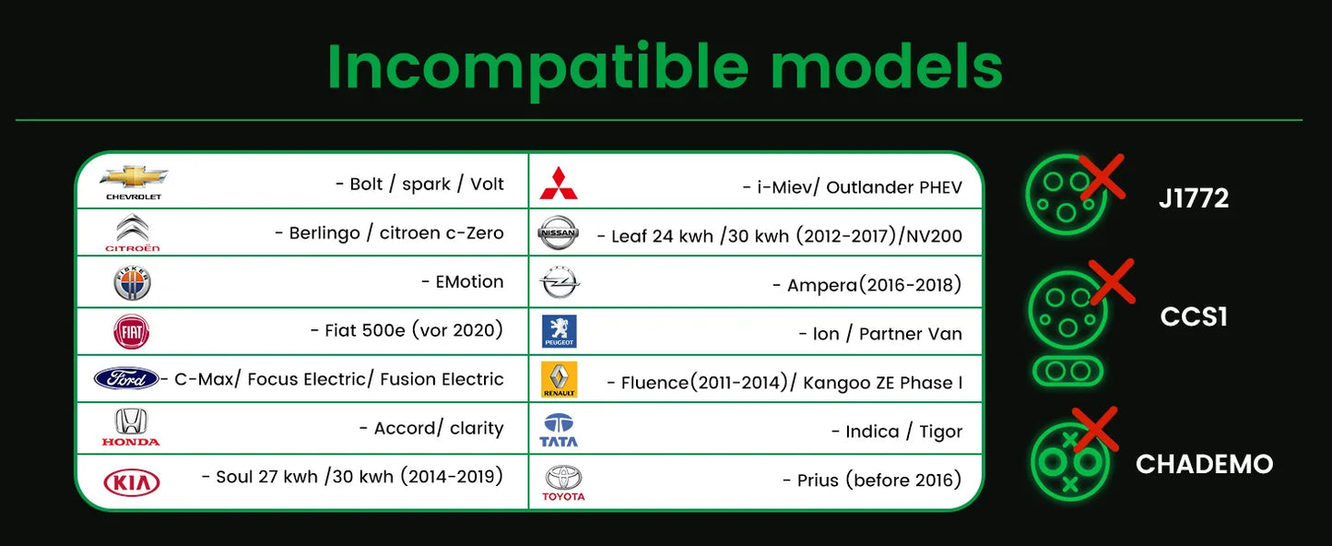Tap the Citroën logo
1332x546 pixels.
132,232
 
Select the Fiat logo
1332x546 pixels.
132,332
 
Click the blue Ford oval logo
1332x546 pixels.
126,378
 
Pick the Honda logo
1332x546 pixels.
131,427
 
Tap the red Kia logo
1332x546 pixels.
132,482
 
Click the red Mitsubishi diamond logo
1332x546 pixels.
559,184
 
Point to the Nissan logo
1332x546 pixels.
558,232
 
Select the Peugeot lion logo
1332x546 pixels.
559,331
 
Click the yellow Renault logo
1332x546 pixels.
559,379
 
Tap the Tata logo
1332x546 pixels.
559,430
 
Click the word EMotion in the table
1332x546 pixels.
470,281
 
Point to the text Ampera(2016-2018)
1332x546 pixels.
874,286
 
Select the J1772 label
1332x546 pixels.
1194,198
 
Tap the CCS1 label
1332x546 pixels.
1194,316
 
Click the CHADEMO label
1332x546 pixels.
1204,464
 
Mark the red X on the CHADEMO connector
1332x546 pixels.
1095,429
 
